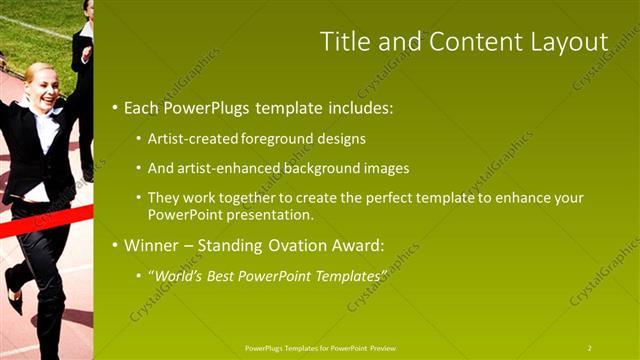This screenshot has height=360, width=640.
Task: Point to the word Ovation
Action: coord(290,244)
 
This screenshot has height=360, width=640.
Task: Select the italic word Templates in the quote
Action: coord(349,274)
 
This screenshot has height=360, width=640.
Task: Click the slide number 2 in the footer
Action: coord(590,348)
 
